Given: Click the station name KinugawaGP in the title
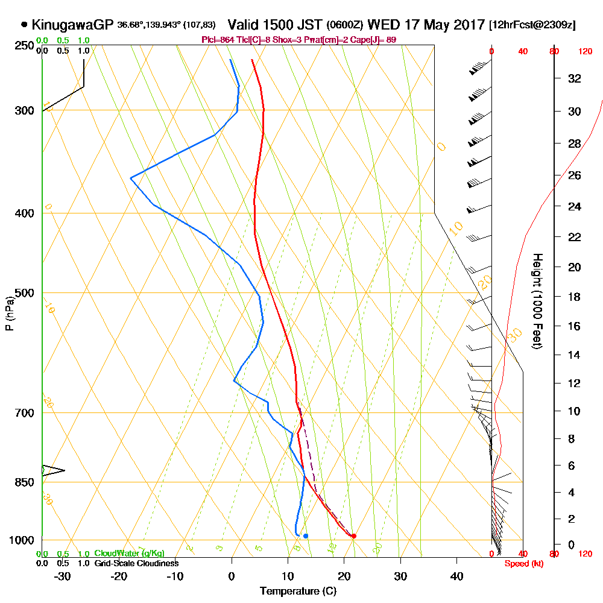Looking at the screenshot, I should tap(73, 25).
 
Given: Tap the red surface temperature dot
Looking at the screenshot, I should tap(354, 536).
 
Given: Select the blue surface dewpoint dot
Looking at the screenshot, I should tap(306, 536).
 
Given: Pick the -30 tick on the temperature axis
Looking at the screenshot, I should tap(63, 576).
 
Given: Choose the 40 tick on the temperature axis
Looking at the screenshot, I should tap(457, 576).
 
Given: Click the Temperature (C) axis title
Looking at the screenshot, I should tap(298, 591).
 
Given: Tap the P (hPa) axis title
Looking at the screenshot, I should tap(9, 313).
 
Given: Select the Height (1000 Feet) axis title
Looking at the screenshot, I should tap(536, 301).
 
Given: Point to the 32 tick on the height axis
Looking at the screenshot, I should tap(575, 78).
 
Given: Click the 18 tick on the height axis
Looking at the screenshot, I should tap(575, 297).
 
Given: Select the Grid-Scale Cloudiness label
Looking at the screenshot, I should tap(136, 563).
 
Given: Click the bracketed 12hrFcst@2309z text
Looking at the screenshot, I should tap(532, 25).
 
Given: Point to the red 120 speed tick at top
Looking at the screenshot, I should tap(585, 52).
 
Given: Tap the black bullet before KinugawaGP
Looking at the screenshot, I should tap(24, 25).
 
